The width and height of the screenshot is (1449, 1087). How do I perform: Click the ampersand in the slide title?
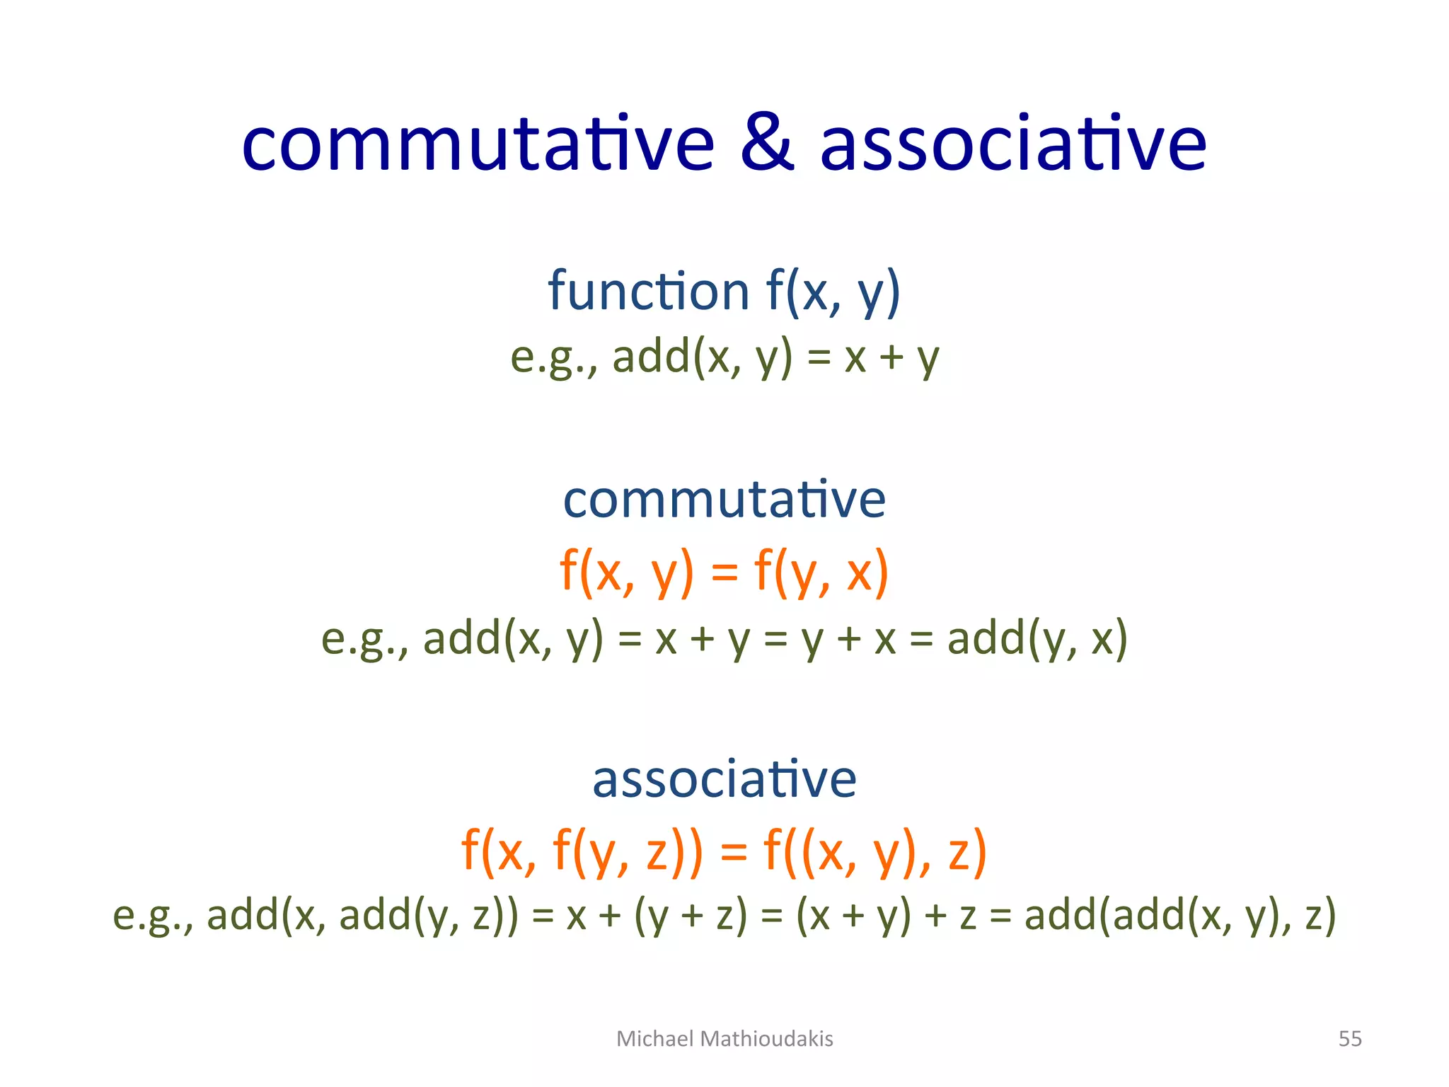(x=767, y=144)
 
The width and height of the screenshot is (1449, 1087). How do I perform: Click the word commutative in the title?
(x=478, y=144)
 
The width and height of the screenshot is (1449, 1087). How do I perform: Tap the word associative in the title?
(x=1013, y=144)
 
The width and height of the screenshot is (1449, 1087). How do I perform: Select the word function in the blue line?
(x=648, y=292)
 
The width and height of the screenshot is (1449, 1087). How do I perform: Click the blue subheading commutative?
(x=724, y=500)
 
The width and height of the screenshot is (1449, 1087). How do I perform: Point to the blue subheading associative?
(x=724, y=778)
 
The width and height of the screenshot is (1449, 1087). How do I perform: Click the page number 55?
(x=1350, y=1038)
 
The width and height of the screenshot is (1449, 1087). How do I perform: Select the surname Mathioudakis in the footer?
(x=767, y=1038)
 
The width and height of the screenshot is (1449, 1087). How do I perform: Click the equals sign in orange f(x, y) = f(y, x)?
(x=724, y=573)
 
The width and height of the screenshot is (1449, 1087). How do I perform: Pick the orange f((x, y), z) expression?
(x=874, y=851)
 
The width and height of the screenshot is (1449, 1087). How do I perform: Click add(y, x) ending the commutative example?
(x=1037, y=638)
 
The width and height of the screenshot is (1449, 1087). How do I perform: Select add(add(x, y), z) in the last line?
(x=1180, y=914)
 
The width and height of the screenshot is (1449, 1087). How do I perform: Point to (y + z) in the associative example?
(x=691, y=914)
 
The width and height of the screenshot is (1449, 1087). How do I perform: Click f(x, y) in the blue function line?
(x=833, y=292)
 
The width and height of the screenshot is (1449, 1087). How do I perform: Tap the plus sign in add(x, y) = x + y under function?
(x=891, y=357)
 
